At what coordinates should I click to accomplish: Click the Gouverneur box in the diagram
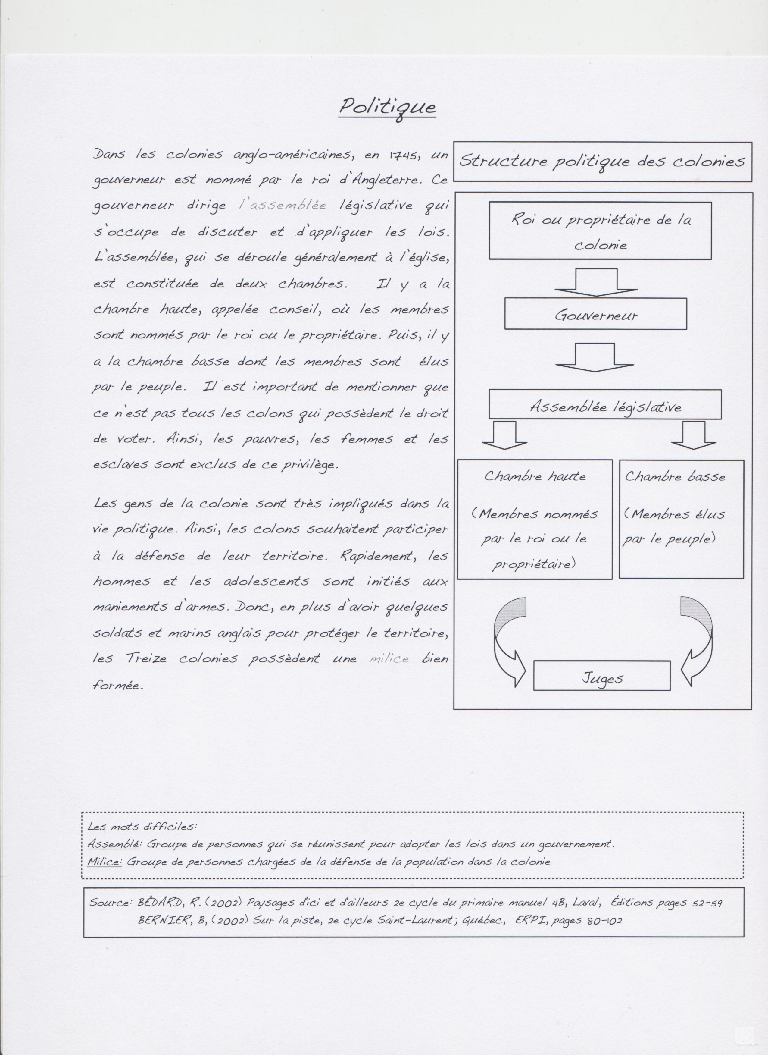[x=595, y=315]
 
